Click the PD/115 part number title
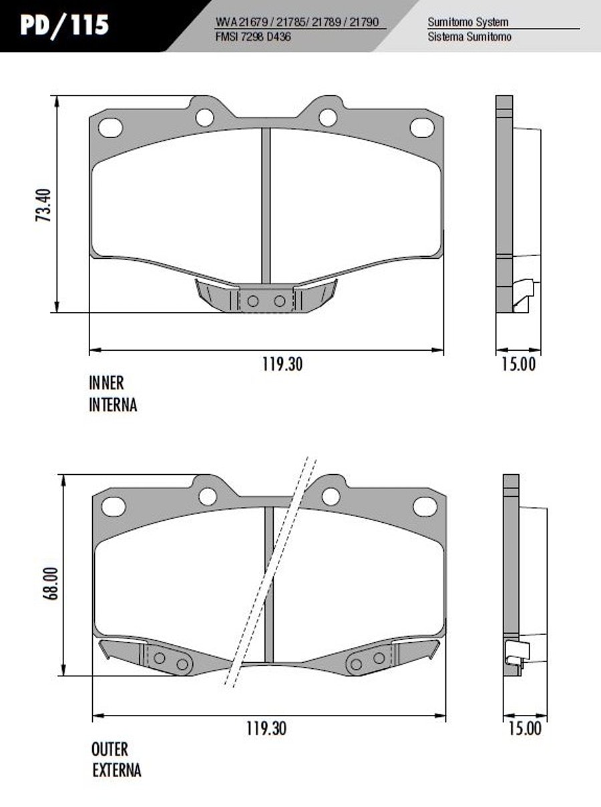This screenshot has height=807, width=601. coord(65,26)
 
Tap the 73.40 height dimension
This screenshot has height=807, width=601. coord(43,205)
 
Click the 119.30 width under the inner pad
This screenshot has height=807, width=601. coord(282,364)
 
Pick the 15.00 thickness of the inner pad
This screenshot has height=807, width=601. coord(519,364)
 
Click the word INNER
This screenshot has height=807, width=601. coord(106,383)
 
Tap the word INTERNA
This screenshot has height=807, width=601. coord(113,405)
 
